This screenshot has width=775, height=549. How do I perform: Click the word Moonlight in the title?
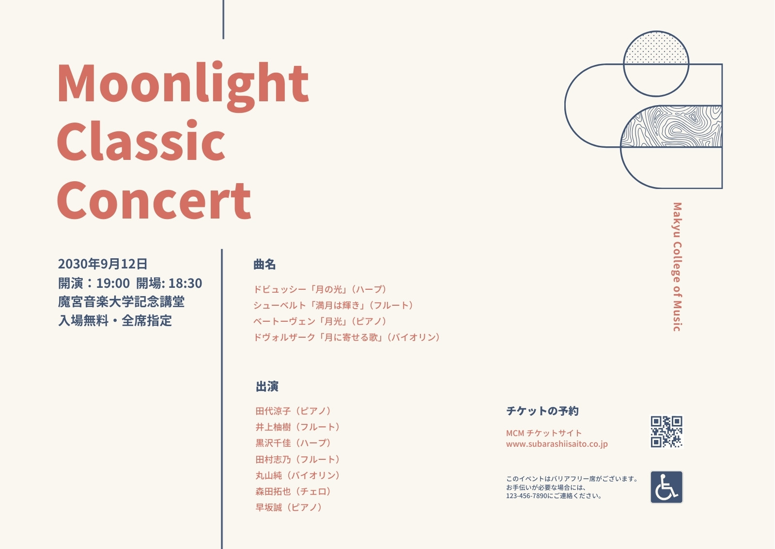click(x=183, y=87)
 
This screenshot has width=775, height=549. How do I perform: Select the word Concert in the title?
click(x=154, y=200)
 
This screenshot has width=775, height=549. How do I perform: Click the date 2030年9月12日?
click(x=103, y=264)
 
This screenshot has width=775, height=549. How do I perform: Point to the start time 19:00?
click(x=113, y=283)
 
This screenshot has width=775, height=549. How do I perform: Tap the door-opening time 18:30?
click(x=185, y=283)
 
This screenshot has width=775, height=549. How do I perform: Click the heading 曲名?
click(x=264, y=265)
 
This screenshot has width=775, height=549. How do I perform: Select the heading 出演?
click(x=267, y=386)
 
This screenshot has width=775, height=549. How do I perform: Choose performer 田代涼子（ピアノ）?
click(x=294, y=411)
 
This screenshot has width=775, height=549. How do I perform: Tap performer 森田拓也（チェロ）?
click(x=294, y=491)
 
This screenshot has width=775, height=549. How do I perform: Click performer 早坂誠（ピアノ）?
click(x=289, y=507)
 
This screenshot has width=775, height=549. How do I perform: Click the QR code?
click(x=666, y=432)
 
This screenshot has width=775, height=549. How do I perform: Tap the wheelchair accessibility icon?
click(x=666, y=487)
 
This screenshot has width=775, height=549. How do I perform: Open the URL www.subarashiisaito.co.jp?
click(x=557, y=444)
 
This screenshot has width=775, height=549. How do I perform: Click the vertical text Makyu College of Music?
click(x=677, y=267)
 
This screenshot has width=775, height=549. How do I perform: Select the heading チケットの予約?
click(x=542, y=411)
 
